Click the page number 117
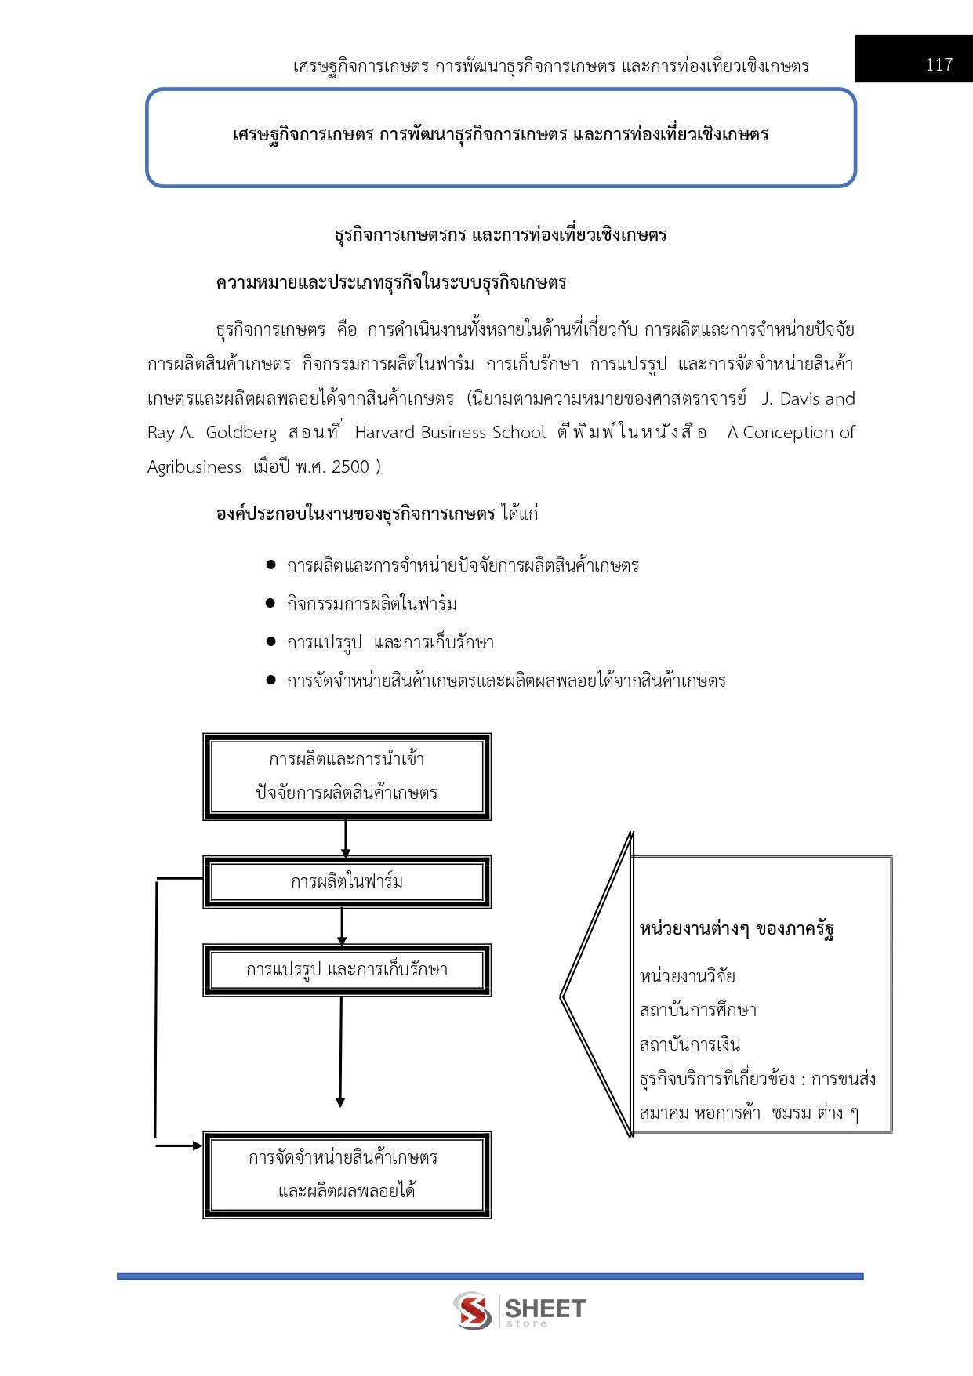(939, 64)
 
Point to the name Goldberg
(241, 433)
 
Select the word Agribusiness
(194, 467)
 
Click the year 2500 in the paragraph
(350, 467)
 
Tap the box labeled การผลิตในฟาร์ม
(347, 882)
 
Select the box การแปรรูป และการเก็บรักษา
(347, 970)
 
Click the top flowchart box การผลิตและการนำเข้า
(347, 776)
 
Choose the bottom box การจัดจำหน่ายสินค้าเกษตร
(347, 1175)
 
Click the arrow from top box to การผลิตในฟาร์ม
(345, 838)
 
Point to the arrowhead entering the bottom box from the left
(196, 1145)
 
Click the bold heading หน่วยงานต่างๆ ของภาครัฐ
(736, 930)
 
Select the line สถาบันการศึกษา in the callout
(698, 1011)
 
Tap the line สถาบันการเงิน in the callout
(690, 1045)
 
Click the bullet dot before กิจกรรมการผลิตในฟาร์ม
(270, 603)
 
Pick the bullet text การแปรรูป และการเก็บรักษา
(390, 643)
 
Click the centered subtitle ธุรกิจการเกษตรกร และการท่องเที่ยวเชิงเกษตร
(500, 234)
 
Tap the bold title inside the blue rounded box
(500, 135)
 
